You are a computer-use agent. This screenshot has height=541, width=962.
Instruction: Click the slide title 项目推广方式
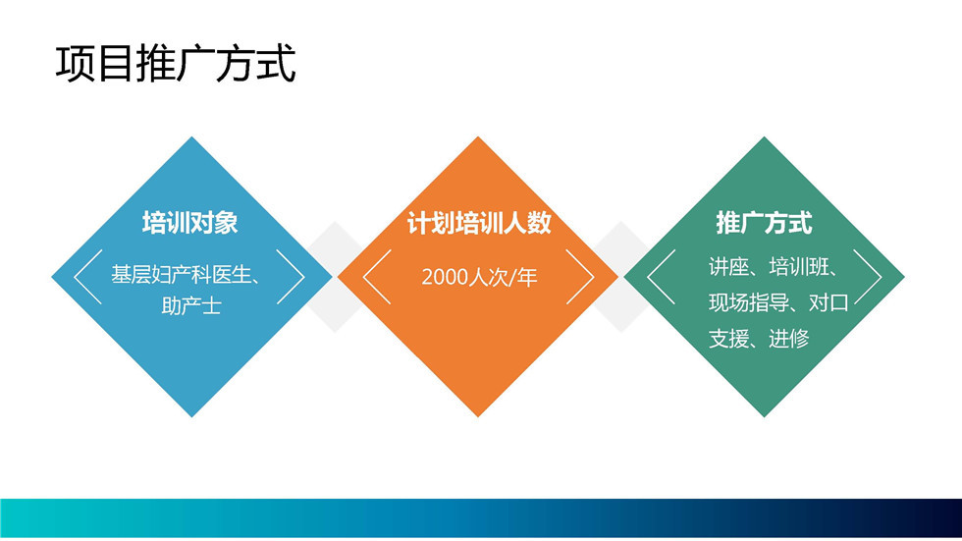(x=176, y=64)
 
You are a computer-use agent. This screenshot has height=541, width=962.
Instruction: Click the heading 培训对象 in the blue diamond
(x=190, y=223)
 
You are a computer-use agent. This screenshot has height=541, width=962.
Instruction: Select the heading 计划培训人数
(x=479, y=223)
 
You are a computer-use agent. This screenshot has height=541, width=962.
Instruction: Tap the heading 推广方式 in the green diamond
(x=764, y=223)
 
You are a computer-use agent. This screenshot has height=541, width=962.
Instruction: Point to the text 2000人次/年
(x=479, y=277)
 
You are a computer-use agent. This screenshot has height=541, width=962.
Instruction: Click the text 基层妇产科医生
(x=181, y=275)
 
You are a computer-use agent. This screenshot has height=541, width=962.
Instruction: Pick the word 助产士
(x=191, y=305)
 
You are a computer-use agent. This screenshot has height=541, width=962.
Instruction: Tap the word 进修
(x=789, y=338)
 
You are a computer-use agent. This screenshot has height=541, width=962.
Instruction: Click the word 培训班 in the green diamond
(x=799, y=267)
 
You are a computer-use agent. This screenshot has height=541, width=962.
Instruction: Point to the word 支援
(x=728, y=338)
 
